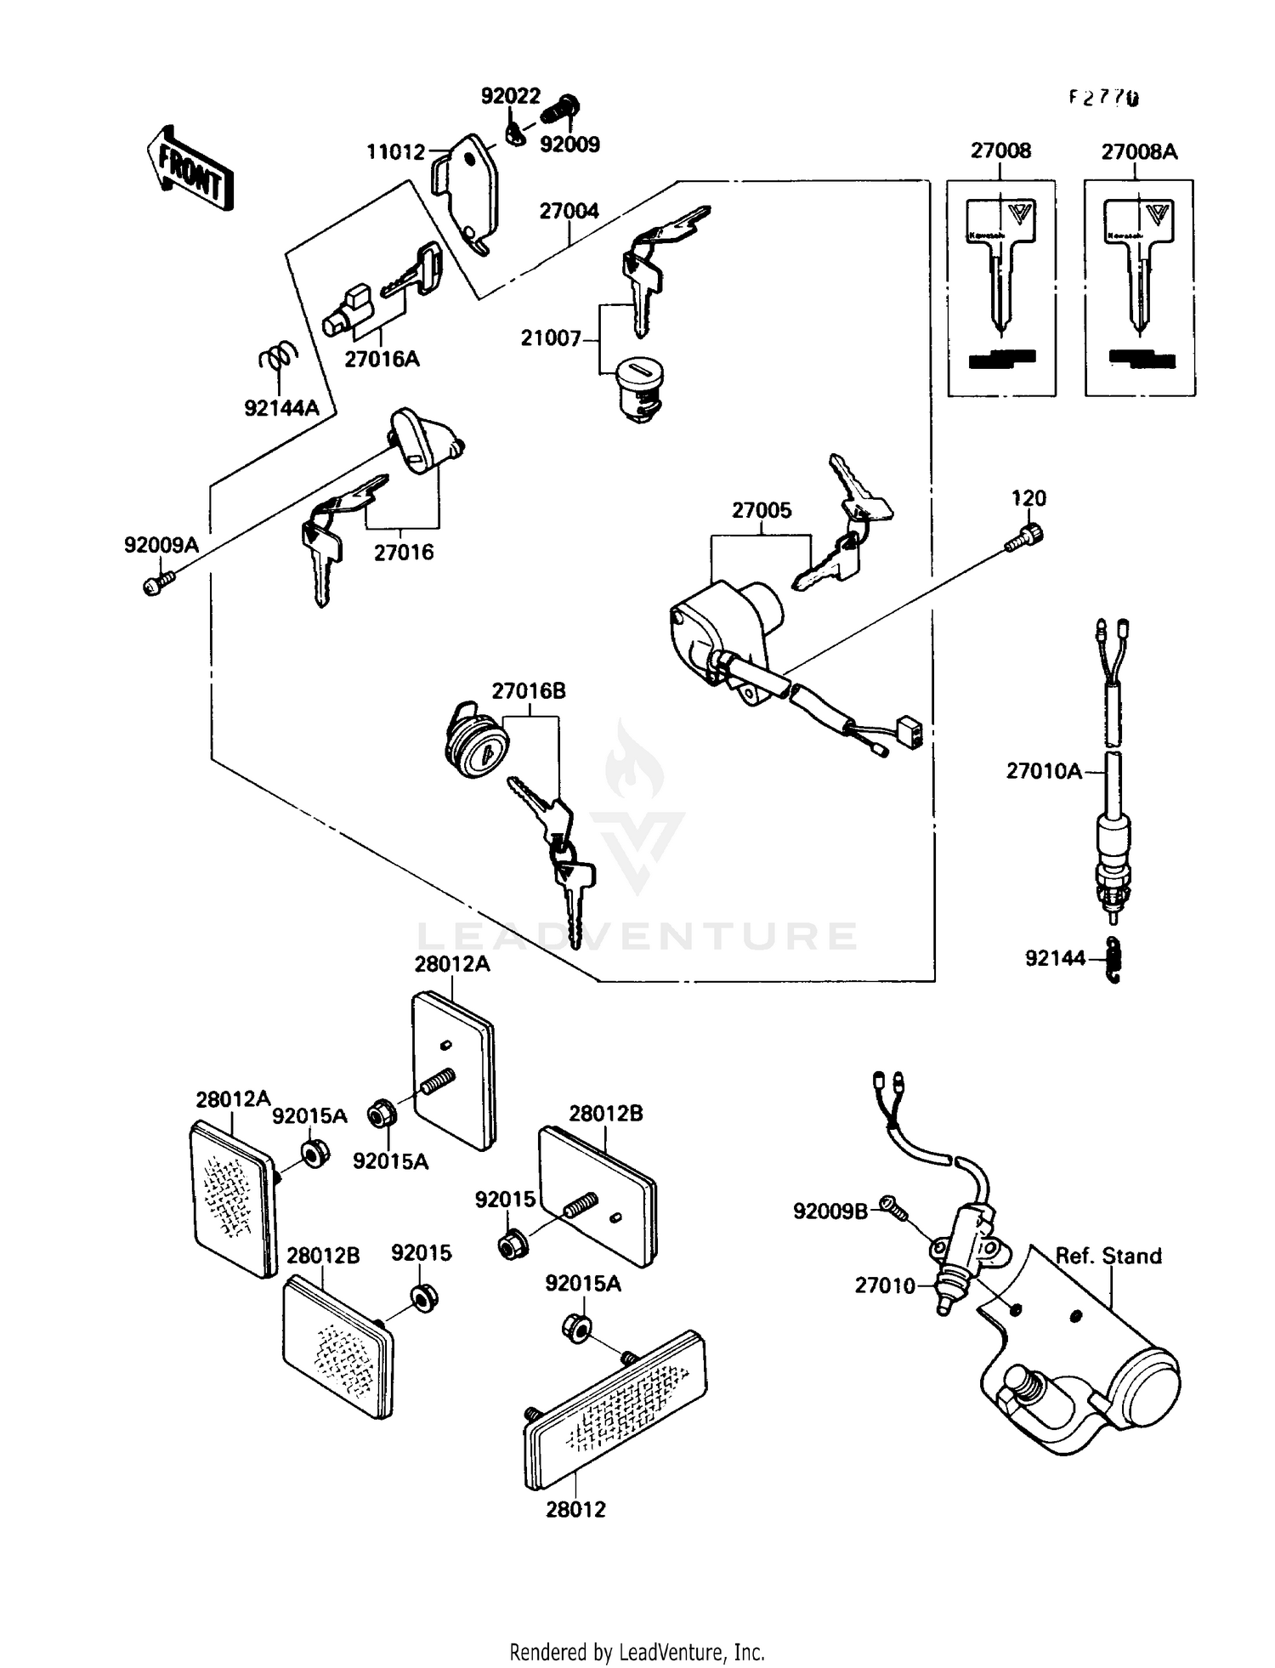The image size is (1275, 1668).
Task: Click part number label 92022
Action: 511,96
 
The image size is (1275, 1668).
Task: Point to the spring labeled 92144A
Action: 278,357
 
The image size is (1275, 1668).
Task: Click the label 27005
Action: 762,510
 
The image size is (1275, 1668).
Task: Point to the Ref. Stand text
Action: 1108,1256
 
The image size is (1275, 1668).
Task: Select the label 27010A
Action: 1044,771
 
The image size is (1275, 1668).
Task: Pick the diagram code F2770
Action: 1103,98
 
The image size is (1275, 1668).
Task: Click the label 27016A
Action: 382,359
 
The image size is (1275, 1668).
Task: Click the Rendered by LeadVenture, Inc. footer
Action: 637,1652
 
